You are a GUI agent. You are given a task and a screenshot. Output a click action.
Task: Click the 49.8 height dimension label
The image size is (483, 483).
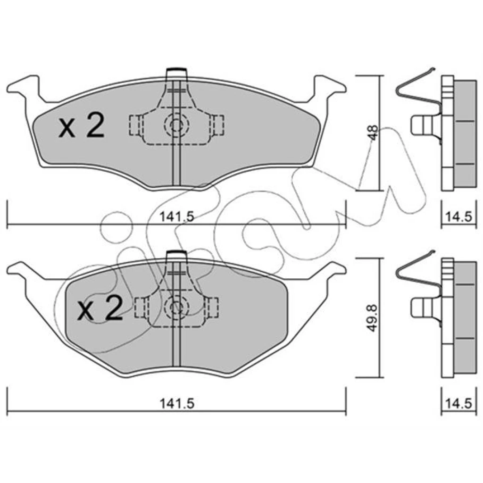(x=373, y=318)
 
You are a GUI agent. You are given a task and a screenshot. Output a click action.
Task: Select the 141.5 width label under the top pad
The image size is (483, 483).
(x=177, y=217)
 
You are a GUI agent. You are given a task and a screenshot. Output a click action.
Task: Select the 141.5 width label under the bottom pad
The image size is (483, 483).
(x=177, y=403)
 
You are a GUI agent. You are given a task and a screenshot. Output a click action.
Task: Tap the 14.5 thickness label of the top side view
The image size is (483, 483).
(x=458, y=217)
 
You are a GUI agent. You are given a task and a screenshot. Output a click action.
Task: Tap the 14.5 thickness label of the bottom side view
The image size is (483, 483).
(x=458, y=403)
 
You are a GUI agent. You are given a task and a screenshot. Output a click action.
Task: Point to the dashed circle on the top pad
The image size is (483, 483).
(x=176, y=125)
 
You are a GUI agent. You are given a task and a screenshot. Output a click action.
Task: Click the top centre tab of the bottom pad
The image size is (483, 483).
(x=176, y=256)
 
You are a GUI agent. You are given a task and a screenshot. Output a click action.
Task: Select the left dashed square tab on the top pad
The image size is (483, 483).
(x=135, y=125)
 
